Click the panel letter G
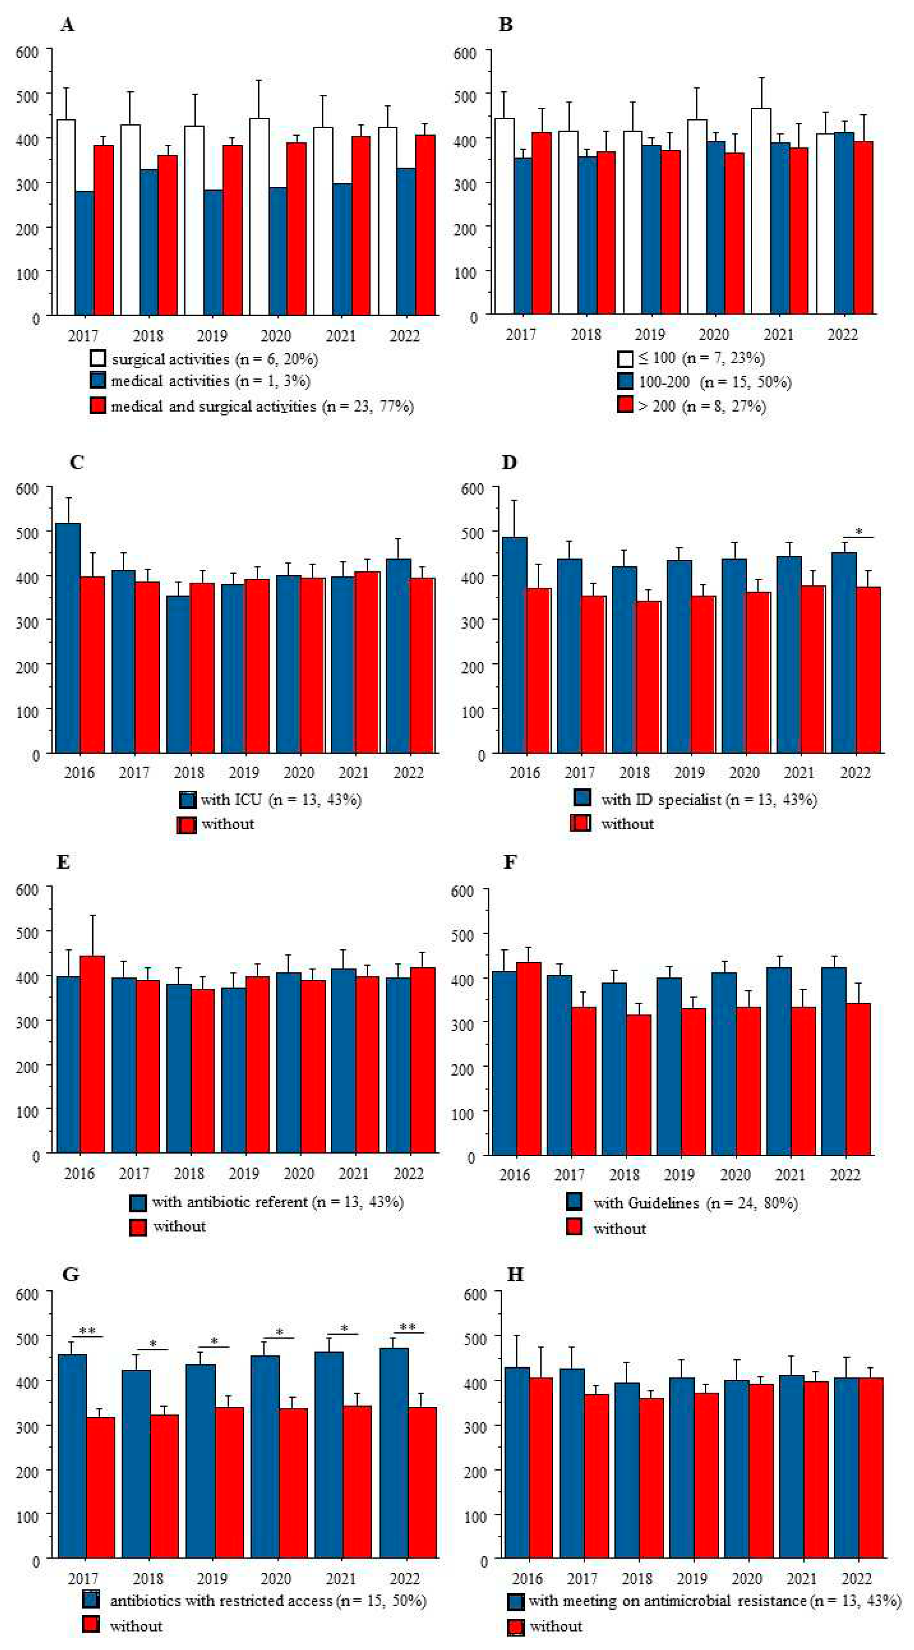point(71,1275)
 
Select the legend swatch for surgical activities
point(98,358)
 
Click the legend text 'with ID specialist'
point(661,800)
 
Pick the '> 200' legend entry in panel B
point(657,405)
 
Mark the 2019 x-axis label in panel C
point(244,772)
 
